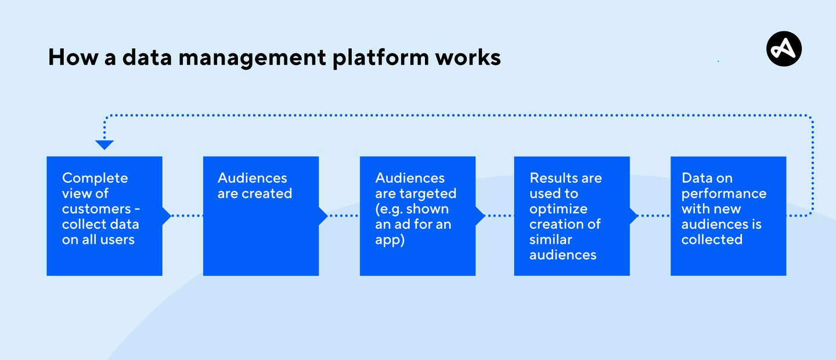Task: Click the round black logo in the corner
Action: coord(784,49)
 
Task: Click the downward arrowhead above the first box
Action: coord(105,145)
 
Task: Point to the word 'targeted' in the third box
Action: coord(428,193)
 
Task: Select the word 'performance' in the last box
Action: coord(724,193)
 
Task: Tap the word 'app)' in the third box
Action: coord(390,240)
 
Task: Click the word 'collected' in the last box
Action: coord(712,240)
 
